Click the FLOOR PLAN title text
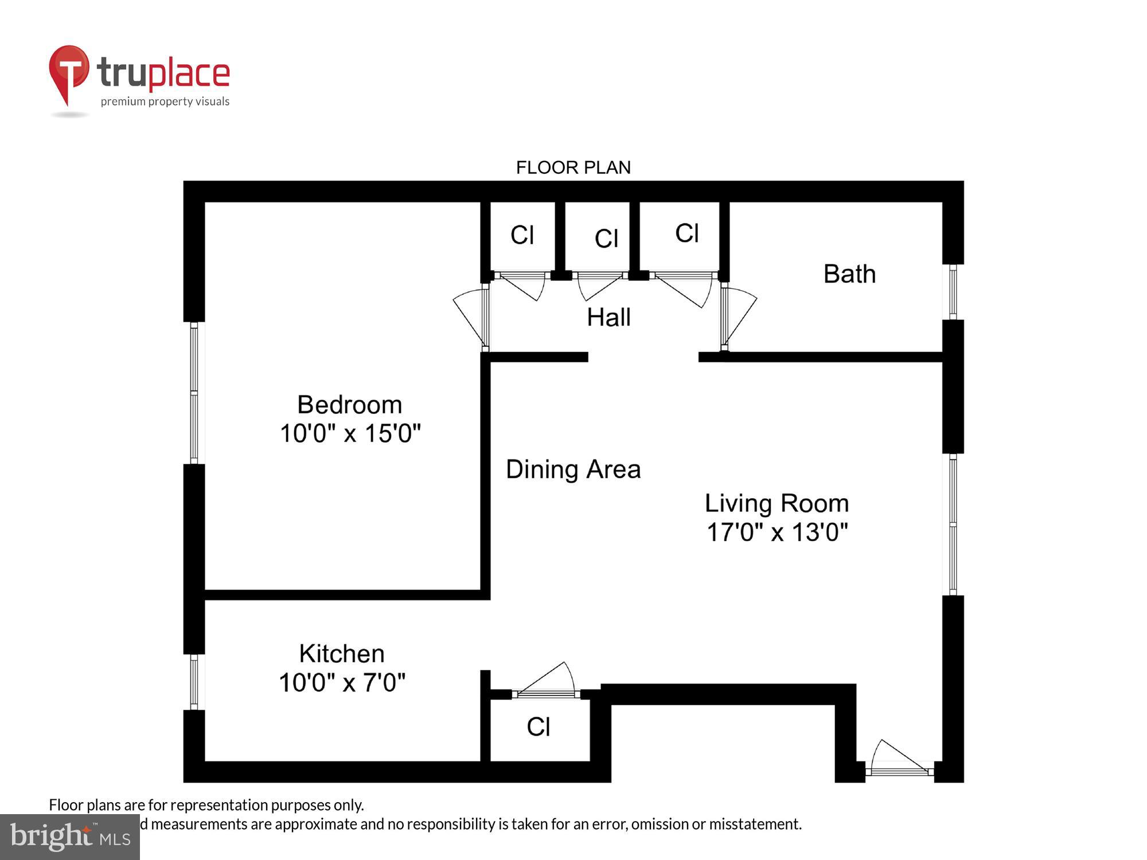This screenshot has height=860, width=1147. (x=573, y=167)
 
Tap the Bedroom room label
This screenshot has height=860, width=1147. (x=349, y=405)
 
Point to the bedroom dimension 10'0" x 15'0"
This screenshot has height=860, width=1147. (x=350, y=433)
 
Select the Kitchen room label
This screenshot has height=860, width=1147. (x=342, y=654)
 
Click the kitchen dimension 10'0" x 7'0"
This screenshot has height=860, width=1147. (x=342, y=683)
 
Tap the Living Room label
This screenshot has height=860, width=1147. (x=777, y=503)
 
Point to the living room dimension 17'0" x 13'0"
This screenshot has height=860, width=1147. (x=777, y=532)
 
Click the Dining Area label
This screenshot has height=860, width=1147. (x=573, y=470)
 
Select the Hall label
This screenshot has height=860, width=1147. (x=608, y=318)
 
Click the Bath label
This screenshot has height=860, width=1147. (x=849, y=274)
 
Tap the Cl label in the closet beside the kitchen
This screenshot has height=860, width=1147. (x=539, y=727)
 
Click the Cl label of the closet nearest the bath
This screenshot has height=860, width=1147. (x=686, y=233)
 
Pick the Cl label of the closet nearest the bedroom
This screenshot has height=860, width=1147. (x=522, y=235)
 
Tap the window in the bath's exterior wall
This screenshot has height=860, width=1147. (x=953, y=292)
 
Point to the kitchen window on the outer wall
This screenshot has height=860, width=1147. (x=194, y=682)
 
